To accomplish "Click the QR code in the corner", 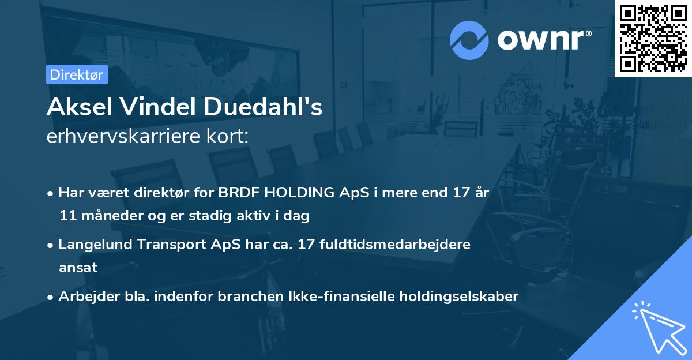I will (x=653, y=39).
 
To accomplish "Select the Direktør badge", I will (x=77, y=74).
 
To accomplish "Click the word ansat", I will (x=78, y=268).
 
